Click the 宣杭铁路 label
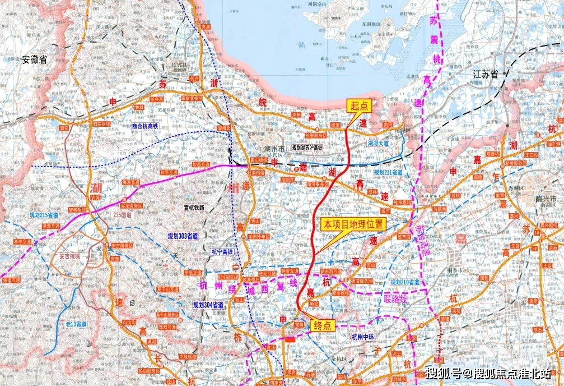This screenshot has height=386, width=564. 194,207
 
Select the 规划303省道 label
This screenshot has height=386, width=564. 183,236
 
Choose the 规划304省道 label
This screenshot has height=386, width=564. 208,305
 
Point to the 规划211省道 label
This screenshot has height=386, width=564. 388,172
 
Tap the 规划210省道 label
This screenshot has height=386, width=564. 404,281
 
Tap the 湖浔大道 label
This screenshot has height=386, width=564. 378,144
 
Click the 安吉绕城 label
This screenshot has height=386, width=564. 69,256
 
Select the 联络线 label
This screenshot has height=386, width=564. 396,299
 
